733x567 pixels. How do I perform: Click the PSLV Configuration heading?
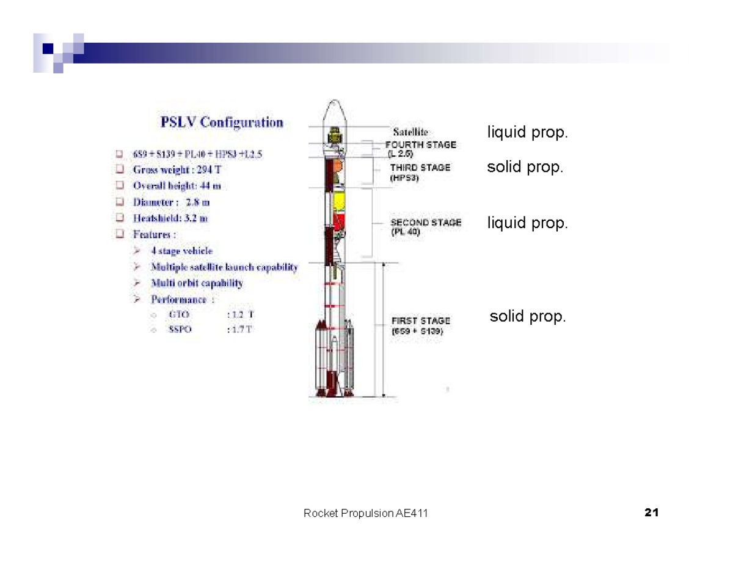[222, 122]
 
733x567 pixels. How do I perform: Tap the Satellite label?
[410, 131]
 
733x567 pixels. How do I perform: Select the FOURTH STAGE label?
[421, 145]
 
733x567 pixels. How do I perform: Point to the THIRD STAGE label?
[420, 167]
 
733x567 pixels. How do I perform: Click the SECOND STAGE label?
[426, 223]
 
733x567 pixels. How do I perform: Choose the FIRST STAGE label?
[421, 321]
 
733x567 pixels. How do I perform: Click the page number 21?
[651, 513]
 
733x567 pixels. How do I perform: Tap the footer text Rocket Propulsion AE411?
[365, 513]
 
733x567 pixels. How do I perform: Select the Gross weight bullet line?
[177, 170]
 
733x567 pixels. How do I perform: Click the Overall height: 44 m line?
[177, 186]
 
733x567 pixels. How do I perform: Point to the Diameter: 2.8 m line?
[172, 202]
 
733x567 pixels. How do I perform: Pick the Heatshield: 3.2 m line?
[170, 218]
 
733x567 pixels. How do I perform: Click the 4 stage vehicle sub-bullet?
[181, 251]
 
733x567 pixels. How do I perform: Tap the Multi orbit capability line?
[197, 283]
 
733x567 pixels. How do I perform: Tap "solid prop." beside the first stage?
[528, 317]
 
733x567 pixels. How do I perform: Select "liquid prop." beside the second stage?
[527, 223]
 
